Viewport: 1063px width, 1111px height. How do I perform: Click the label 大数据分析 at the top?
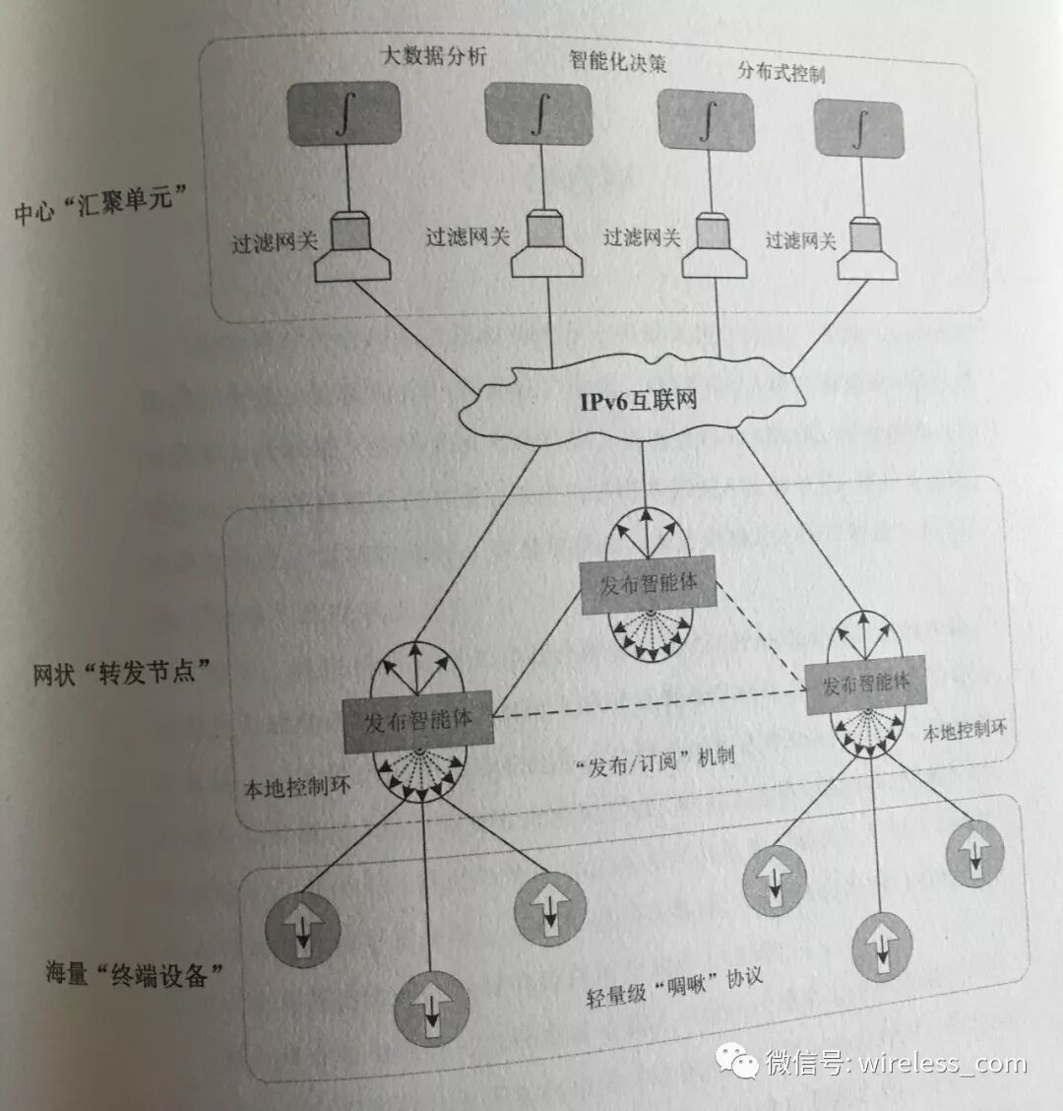(434, 55)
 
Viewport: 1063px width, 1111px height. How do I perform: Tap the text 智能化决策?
(618, 61)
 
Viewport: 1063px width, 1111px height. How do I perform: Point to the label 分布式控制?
(781, 72)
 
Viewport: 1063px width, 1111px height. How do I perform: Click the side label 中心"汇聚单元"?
(94, 204)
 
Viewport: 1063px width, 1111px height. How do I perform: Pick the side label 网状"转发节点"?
(121, 674)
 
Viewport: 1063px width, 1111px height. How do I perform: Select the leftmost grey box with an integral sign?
(344, 114)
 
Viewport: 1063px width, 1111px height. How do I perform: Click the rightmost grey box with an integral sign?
(859, 129)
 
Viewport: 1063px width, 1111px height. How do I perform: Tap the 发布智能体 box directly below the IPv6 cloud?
(649, 584)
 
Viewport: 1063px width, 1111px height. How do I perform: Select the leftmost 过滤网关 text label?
(275, 240)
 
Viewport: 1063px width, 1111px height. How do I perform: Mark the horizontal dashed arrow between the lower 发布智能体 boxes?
(650, 704)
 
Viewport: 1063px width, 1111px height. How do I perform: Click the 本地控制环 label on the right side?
(965, 731)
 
